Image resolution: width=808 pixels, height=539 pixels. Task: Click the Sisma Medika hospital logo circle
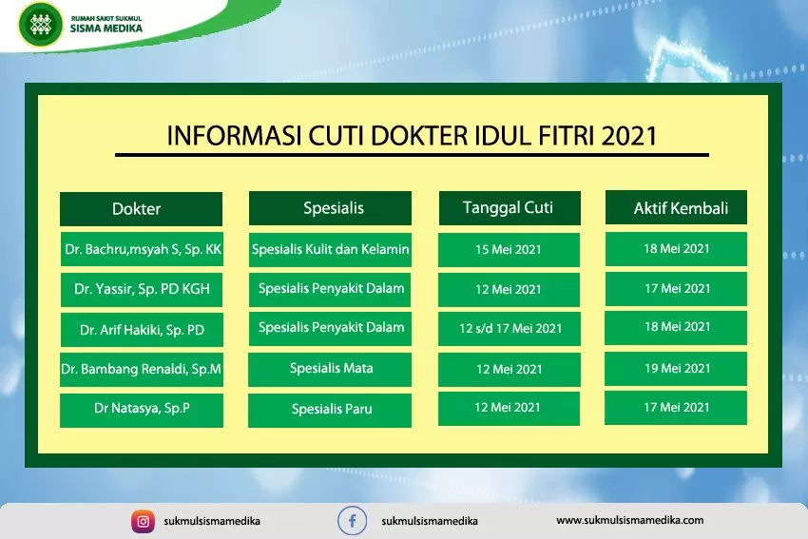(40, 24)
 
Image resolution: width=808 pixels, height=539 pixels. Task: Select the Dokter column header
(142, 209)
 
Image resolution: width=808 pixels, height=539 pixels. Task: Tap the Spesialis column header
(330, 208)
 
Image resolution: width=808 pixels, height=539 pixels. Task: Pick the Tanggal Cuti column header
(510, 208)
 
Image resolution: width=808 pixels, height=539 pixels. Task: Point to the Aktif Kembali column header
(676, 207)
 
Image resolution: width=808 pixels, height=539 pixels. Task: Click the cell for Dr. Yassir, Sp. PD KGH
(142, 290)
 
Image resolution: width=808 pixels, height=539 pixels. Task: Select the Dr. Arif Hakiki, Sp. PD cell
(142, 330)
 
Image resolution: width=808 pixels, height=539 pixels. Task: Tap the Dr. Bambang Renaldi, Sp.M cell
(142, 370)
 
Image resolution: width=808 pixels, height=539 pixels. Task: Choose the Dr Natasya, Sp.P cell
(142, 410)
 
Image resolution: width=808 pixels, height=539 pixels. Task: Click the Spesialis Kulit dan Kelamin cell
(330, 250)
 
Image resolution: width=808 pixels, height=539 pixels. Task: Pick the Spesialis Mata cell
(330, 370)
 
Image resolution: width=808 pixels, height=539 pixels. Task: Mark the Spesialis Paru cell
(330, 410)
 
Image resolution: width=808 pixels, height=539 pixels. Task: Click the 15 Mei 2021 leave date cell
(510, 250)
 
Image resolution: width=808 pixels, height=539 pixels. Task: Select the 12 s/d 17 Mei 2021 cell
(510, 329)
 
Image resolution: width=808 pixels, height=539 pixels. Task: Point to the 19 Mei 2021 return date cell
(676, 369)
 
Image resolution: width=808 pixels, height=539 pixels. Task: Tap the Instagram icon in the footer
(143, 522)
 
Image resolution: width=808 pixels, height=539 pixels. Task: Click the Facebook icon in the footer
(353, 521)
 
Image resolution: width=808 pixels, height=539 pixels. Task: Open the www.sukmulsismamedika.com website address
(629, 520)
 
